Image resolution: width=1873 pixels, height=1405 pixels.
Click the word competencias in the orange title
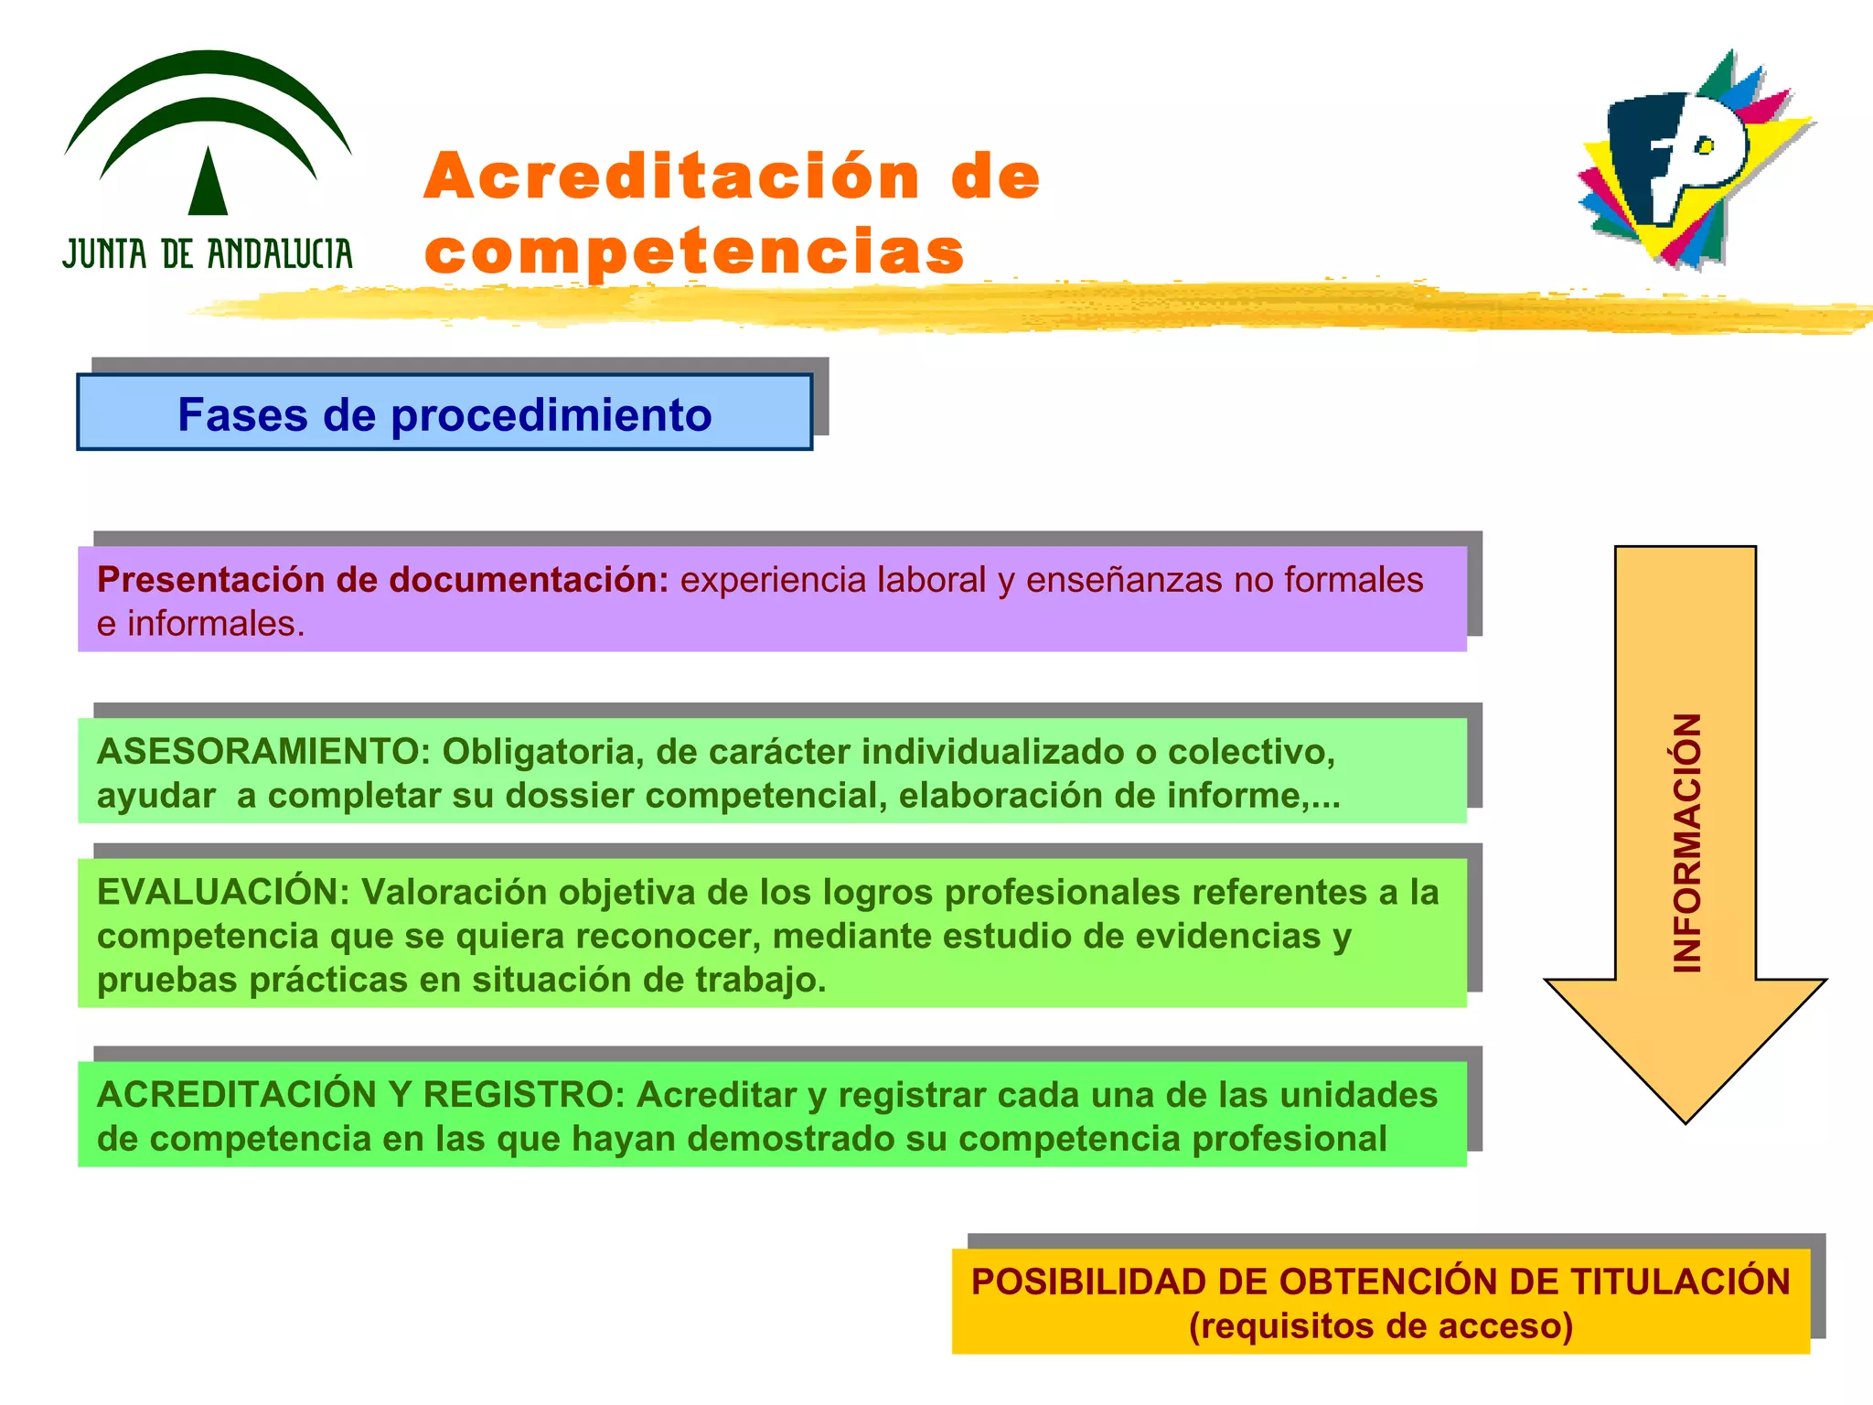(x=695, y=252)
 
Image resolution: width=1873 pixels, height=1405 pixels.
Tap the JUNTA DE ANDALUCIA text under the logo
(x=208, y=254)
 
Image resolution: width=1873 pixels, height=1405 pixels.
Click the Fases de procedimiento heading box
(x=444, y=413)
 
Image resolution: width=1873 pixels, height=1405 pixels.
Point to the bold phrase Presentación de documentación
(x=383, y=580)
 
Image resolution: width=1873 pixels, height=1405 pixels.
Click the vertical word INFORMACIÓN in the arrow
(x=1686, y=842)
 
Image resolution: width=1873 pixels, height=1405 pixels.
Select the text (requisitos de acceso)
(x=1381, y=1325)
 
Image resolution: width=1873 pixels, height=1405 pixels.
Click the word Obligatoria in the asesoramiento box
(x=543, y=752)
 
